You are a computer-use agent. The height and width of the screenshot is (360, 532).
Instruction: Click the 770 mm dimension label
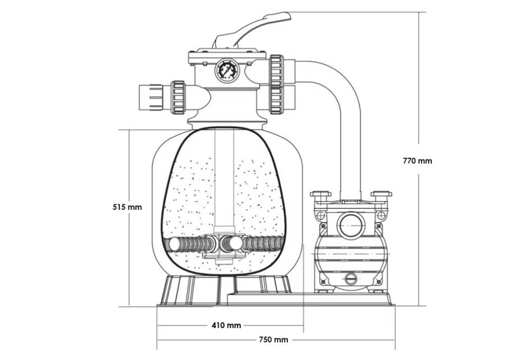[x=417, y=160]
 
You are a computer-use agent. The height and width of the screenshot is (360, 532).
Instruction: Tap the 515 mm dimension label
[x=127, y=207]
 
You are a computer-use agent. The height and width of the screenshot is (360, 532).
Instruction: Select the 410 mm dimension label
[x=226, y=325]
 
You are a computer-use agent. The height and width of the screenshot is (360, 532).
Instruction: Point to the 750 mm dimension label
[x=273, y=339]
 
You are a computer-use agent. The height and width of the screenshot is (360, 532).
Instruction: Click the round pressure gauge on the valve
[x=227, y=71]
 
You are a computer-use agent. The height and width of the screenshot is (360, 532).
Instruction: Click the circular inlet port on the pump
[x=351, y=225]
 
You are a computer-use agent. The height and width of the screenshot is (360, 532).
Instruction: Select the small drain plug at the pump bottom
[x=351, y=280]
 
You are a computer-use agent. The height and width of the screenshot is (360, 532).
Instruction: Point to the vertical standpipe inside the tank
[x=224, y=180]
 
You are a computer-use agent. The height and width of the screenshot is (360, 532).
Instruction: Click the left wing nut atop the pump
[x=319, y=196]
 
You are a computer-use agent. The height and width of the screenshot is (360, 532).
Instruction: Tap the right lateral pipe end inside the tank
[x=280, y=242]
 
